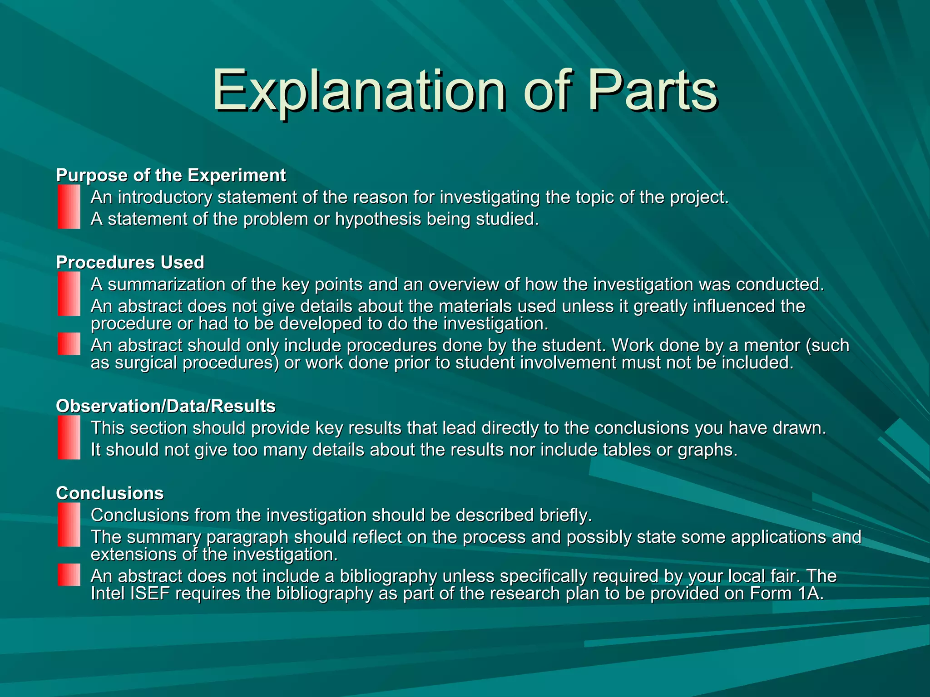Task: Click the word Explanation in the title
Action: click(359, 91)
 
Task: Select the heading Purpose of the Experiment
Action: click(171, 175)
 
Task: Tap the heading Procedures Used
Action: click(130, 262)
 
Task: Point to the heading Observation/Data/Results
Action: click(166, 406)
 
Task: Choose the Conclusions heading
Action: click(109, 493)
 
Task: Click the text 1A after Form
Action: click(810, 594)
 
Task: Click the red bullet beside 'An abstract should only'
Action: click(69, 344)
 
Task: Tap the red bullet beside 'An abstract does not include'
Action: click(69, 575)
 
